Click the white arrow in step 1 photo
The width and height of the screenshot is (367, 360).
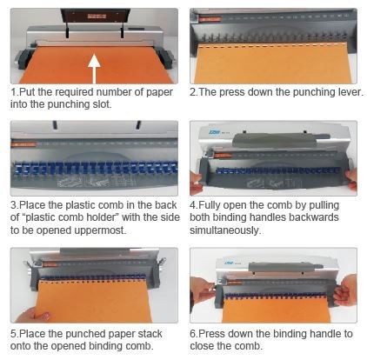coord(94,69)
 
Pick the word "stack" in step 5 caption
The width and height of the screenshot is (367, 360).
coord(150,334)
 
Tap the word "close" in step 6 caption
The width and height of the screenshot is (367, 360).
coord(203,346)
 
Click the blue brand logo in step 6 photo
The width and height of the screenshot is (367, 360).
coord(229,263)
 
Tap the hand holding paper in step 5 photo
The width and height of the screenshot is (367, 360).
coord(32,315)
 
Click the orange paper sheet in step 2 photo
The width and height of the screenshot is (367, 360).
coord(273,63)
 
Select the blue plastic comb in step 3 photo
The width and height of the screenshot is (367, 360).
coord(95,168)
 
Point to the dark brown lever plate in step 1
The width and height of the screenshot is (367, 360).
coord(93,16)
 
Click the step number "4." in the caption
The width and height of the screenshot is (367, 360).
coord(194,205)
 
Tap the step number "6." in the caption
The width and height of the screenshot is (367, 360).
coord(194,334)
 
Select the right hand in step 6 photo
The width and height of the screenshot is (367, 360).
coord(345,290)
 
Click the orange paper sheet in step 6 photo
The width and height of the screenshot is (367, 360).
coord(276,310)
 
